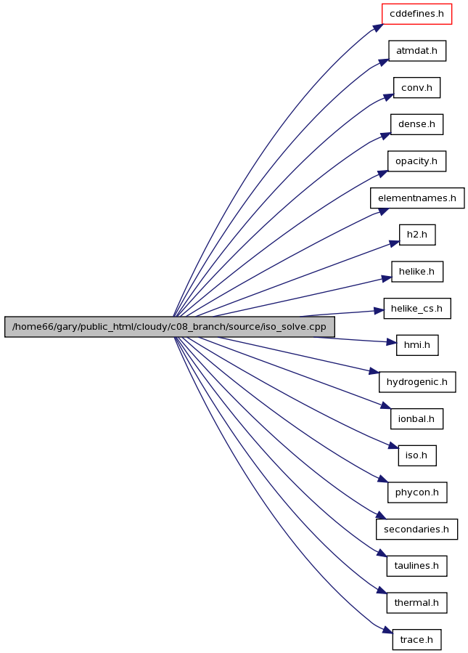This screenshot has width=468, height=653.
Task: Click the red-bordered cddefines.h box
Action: pos(416,14)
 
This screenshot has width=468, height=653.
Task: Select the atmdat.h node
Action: pos(416,51)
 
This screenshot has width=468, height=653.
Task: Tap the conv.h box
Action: pos(416,88)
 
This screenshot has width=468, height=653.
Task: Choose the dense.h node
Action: pos(416,124)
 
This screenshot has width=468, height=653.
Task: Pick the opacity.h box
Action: pos(416,161)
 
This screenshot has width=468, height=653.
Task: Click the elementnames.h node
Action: pos(417,198)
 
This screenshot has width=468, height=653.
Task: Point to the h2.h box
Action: pos(416,235)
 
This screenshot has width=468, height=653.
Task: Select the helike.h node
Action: pos(416,272)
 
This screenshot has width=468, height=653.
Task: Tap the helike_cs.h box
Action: pos(416,309)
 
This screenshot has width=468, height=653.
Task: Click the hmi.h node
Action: pos(416,345)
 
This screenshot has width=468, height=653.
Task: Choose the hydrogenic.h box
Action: pos(416,382)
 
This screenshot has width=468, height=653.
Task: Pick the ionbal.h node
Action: pos(416,419)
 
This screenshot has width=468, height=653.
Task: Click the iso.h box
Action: pos(416,455)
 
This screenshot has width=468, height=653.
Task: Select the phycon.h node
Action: pos(416,492)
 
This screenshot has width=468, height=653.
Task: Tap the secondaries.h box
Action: pos(416,530)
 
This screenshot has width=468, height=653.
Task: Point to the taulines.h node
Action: pos(416,566)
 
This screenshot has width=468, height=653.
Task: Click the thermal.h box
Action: pos(416,603)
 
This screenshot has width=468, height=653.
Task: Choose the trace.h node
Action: pos(416,640)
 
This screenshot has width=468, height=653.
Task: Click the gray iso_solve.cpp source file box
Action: pos(169,327)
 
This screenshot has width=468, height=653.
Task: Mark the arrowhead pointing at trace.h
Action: pos(387,631)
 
